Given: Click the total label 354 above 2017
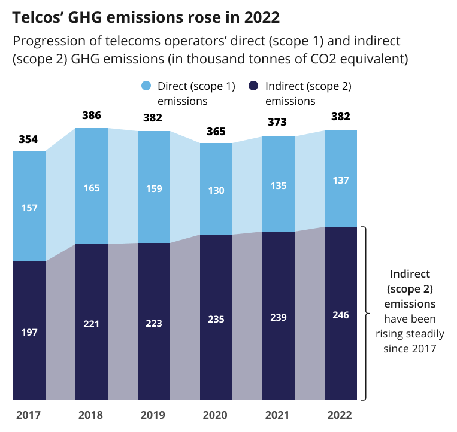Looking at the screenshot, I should (x=29, y=139).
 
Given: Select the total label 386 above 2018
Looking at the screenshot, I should (x=91, y=115).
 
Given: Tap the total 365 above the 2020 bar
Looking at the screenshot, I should (x=216, y=131).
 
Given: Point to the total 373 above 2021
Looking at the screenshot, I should (x=279, y=122).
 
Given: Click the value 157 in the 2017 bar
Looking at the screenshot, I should (x=29, y=208).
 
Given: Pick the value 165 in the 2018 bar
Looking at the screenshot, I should (x=91, y=188).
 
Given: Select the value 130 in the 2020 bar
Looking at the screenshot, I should (x=216, y=190).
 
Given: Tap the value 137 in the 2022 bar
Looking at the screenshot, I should (x=340, y=180).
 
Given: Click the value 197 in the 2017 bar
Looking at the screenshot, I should (x=29, y=332).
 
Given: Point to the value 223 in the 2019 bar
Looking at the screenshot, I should (x=154, y=324).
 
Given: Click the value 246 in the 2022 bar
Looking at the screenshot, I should (x=340, y=315).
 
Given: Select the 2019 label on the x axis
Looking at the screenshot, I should (x=154, y=415).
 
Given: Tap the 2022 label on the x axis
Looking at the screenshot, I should (x=340, y=415).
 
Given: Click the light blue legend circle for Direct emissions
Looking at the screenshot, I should (x=146, y=86).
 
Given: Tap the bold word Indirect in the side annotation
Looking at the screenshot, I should (x=410, y=274).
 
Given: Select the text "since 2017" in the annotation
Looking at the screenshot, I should (x=410, y=348).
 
